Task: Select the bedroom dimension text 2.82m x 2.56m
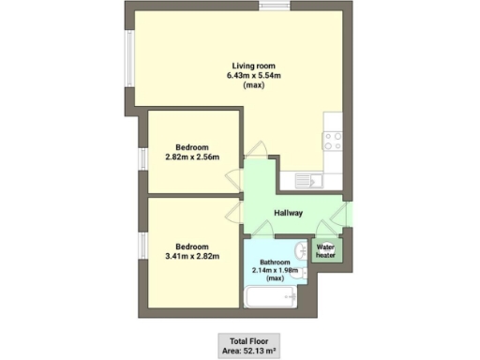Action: click(197, 156)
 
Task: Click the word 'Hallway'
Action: click(288, 213)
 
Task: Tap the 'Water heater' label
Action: click(325, 250)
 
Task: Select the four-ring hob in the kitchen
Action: click(332, 141)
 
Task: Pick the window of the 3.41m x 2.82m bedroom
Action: click(142, 246)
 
